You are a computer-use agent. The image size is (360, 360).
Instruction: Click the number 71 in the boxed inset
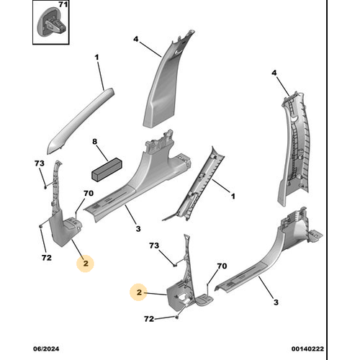[x=63, y=4]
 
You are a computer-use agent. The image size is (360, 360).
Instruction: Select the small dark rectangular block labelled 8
[x=107, y=170]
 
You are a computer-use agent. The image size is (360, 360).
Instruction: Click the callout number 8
[x=95, y=142]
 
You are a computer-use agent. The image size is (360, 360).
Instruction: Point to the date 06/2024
[x=46, y=348]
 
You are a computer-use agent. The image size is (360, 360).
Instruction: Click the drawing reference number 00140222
[x=307, y=348]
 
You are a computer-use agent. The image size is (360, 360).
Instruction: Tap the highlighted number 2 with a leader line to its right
[x=139, y=292]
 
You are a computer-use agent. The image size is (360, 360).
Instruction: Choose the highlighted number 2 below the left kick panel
[x=86, y=264]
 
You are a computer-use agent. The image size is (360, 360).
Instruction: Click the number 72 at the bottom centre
[x=149, y=319]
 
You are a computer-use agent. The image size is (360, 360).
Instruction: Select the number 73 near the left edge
[x=40, y=163]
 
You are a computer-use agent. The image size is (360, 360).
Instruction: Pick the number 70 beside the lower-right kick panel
[x=222, y=266]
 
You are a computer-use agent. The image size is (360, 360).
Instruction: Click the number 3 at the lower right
[x=276, y=302]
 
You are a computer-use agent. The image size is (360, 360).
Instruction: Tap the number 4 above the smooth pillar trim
[x=136, y=39]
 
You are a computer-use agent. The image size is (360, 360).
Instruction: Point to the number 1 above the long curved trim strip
[x=96, y=58]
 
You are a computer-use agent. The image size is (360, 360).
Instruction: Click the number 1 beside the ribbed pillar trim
[x=233, y=197]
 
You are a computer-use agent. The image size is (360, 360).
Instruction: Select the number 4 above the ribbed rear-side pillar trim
[x=274, y=73]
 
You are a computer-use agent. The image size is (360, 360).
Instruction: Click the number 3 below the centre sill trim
[x=138, y=228]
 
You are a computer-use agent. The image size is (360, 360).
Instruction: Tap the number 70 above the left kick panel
[x=89, y=193]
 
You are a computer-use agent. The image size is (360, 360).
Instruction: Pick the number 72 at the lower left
[x=47, y=258]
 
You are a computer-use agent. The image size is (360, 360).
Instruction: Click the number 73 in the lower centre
[x=154, y=246]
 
